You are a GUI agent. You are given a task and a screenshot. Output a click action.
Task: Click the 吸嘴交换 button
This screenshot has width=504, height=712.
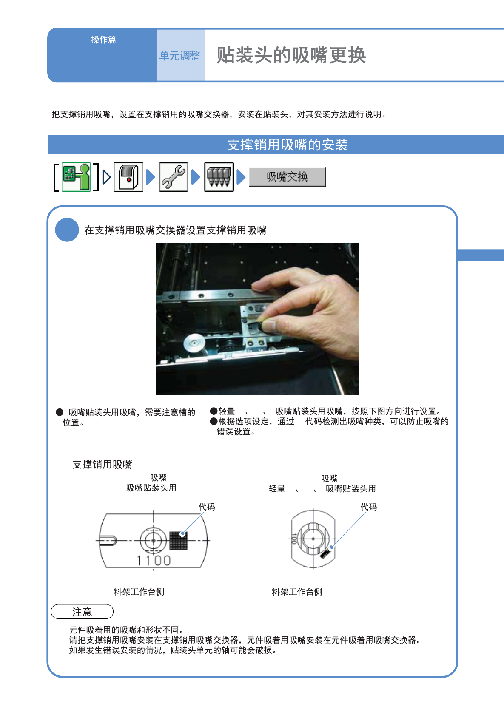(287, 177)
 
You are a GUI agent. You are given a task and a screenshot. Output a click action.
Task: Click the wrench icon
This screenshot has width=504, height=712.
(174, 177)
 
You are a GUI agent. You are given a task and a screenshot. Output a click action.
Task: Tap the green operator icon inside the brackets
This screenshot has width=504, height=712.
(76, 177)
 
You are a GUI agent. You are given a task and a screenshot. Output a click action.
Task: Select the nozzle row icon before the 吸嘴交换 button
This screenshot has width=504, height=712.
(219, 177)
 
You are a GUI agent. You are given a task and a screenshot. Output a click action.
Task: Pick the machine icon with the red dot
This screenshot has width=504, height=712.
(128, 177)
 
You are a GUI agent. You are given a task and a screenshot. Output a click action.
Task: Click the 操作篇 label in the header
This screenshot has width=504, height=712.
(104, 40)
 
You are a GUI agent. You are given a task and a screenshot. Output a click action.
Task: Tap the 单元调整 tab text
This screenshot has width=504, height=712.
(179, 56)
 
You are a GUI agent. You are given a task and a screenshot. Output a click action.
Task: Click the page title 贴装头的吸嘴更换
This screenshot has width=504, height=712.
(291, 55)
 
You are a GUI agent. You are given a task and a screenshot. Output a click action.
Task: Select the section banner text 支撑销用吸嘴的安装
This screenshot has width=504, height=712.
(288, 145)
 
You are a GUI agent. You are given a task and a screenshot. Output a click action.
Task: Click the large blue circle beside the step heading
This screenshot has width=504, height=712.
(67, 230)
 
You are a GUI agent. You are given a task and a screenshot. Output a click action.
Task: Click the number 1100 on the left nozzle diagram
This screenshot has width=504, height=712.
(154, 560)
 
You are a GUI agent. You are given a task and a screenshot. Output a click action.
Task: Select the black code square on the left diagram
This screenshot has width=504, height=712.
(178, 540)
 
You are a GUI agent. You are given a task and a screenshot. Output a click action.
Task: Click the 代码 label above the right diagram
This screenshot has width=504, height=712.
(369, 507)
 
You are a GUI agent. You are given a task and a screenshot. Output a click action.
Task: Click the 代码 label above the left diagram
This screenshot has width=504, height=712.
(207, 507)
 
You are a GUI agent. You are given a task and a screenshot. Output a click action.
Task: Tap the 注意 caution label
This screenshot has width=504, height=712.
(82, 612)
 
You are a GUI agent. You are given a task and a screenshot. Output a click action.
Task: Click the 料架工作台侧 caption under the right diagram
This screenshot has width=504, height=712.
(297, 592)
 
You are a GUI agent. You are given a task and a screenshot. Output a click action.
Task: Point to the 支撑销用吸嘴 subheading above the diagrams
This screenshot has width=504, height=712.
(103, 464)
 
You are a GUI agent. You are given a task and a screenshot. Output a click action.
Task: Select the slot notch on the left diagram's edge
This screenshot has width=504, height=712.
(108, 540)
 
